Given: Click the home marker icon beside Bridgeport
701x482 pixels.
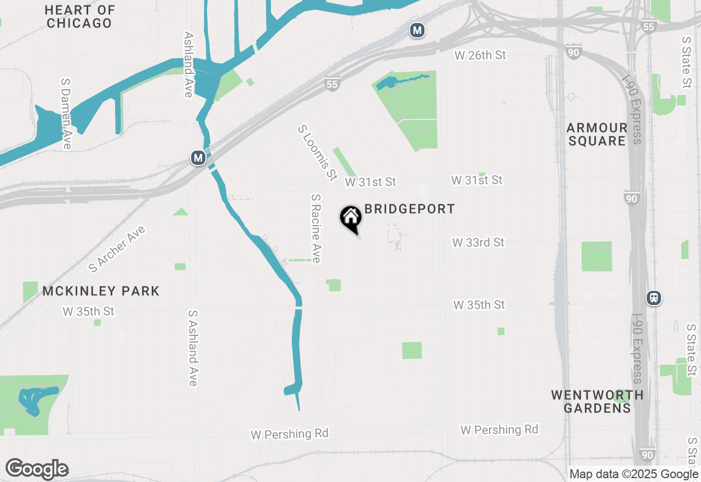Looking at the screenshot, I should [x=350, y=218].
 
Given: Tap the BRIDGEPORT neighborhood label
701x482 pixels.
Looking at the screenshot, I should [x=410, y=209].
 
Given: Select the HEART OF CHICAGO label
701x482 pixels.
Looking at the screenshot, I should [x=79, y=17].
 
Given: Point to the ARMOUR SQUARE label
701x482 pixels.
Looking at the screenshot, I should [x=596, y=134].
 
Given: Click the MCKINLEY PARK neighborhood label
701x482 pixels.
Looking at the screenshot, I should [x=101, y=291].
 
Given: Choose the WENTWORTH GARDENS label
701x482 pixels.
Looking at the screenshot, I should [x=597, y=401].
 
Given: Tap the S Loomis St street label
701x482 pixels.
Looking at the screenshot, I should [x=317, y=153].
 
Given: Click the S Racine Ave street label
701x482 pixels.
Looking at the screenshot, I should [x=315, y=228].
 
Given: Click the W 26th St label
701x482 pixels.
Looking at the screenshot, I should [x=480, y=55].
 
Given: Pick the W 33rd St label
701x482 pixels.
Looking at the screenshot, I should [x=478, y=242].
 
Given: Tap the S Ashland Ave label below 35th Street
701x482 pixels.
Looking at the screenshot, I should [x=192, y=348].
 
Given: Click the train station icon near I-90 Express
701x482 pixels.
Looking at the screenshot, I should [x=653, y=298].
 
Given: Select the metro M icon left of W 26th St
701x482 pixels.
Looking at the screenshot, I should [x=417, y=30].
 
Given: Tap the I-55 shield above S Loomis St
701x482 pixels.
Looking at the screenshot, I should [x=332, y=84].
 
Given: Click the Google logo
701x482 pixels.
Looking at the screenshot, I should [x=37, y=469].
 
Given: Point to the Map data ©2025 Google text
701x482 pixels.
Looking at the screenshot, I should [x=634, y=474].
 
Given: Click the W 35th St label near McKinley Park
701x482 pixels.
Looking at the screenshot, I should [x=89, y=311].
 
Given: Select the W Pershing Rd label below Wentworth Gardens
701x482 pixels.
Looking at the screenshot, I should [x=499, y=430].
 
